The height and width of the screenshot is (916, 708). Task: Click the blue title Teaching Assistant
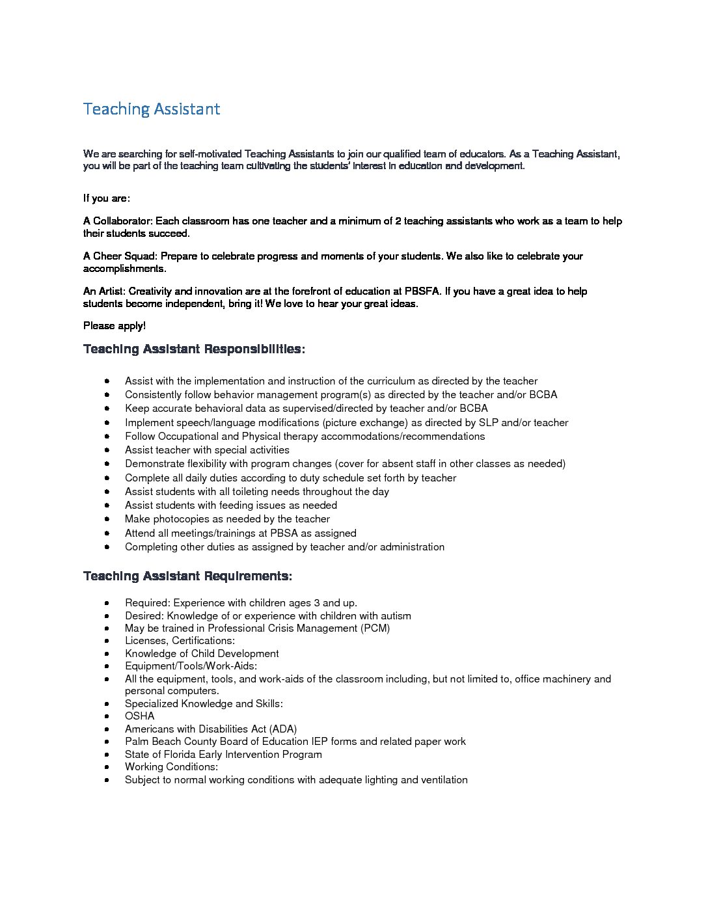coord(152,109)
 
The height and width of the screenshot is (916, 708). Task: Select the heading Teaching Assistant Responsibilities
coord(194,349)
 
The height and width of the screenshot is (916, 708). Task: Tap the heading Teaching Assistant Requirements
coord(187,576)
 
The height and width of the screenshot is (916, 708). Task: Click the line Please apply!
coord(115,326)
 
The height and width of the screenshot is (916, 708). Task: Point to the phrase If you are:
coord(107,198)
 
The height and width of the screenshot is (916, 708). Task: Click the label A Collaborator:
coord(118,221)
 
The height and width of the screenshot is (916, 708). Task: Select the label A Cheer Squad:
coord(120,256)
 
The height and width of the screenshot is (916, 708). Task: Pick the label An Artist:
coord(104,291)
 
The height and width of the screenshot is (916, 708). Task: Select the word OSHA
coord(140,716)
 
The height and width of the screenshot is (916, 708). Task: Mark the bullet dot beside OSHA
coord(107,716)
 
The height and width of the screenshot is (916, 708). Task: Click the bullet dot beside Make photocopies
coord(107,519)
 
